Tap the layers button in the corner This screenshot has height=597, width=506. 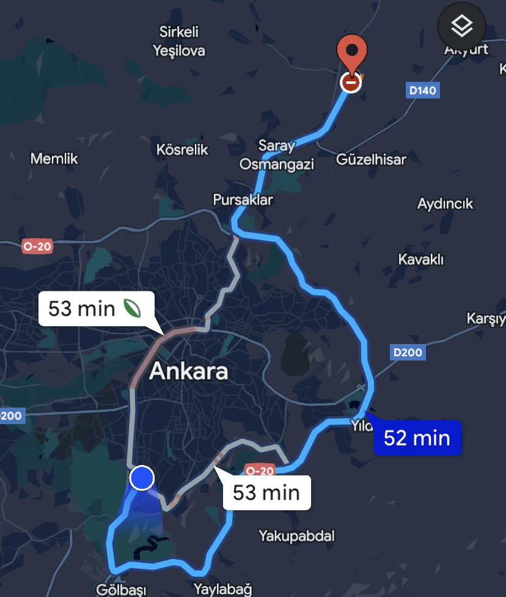462,26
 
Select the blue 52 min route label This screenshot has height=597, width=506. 417,438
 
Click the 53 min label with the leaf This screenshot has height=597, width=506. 95,308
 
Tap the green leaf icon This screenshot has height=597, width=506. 133,308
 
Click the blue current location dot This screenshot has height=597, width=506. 142,477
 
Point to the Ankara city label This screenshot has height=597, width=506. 188,371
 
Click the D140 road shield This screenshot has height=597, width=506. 423,90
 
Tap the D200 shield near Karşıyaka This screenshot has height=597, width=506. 407,352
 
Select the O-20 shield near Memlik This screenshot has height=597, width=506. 37,246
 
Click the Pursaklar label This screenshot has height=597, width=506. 243,200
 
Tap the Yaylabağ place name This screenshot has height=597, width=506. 222,590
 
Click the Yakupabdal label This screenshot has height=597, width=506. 296,536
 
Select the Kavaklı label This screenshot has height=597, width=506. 420,259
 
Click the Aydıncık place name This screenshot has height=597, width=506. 445,203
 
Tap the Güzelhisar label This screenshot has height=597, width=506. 371,159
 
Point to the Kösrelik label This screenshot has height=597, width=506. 182,150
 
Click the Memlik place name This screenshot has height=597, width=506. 54,159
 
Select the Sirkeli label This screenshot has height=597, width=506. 179,32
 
